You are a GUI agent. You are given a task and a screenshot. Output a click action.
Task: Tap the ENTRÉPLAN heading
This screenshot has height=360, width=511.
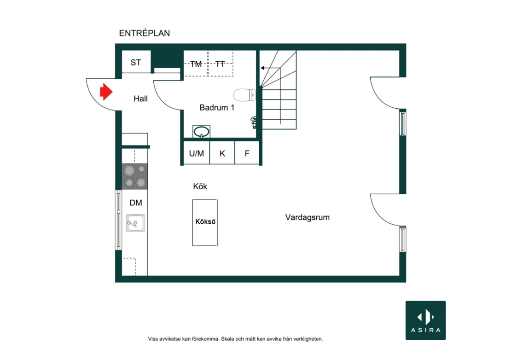point(145,33)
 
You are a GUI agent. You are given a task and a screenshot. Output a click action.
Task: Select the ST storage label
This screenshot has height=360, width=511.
point(135,62)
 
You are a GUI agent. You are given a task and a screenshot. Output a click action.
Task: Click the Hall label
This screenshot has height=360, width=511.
point(140,99)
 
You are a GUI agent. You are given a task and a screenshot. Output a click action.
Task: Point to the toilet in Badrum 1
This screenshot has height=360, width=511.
point(245,95)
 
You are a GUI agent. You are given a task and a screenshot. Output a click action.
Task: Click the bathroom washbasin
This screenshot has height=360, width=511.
point(201,132)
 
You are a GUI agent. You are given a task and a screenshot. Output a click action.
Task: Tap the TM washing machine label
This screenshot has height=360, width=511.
point(196,64)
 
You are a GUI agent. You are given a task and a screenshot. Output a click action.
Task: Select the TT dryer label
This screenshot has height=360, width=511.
point(221,64)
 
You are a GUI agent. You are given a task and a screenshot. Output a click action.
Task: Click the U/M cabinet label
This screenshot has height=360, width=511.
point(197,153)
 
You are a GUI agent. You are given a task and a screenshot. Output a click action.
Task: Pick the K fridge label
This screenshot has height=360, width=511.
point(222,153)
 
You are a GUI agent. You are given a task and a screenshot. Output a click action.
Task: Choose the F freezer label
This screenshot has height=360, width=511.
point(247,153)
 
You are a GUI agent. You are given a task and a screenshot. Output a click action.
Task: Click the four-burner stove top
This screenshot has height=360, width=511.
point(135,176)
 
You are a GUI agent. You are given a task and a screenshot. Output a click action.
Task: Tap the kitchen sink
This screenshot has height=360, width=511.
point(135,223)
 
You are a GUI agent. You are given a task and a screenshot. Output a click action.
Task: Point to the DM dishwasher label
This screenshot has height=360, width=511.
point(136,203)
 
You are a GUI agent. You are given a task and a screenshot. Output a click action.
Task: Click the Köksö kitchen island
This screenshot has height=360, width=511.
point(205,222)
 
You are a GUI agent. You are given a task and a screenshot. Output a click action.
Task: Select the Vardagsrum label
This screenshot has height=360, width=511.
point(308,217)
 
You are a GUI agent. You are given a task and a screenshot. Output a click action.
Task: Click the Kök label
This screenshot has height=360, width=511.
point(200,186)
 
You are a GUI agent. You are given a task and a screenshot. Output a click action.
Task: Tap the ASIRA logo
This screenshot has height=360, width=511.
point(426,320)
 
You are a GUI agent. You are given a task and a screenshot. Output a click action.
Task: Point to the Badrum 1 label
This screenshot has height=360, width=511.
point(217,108)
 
